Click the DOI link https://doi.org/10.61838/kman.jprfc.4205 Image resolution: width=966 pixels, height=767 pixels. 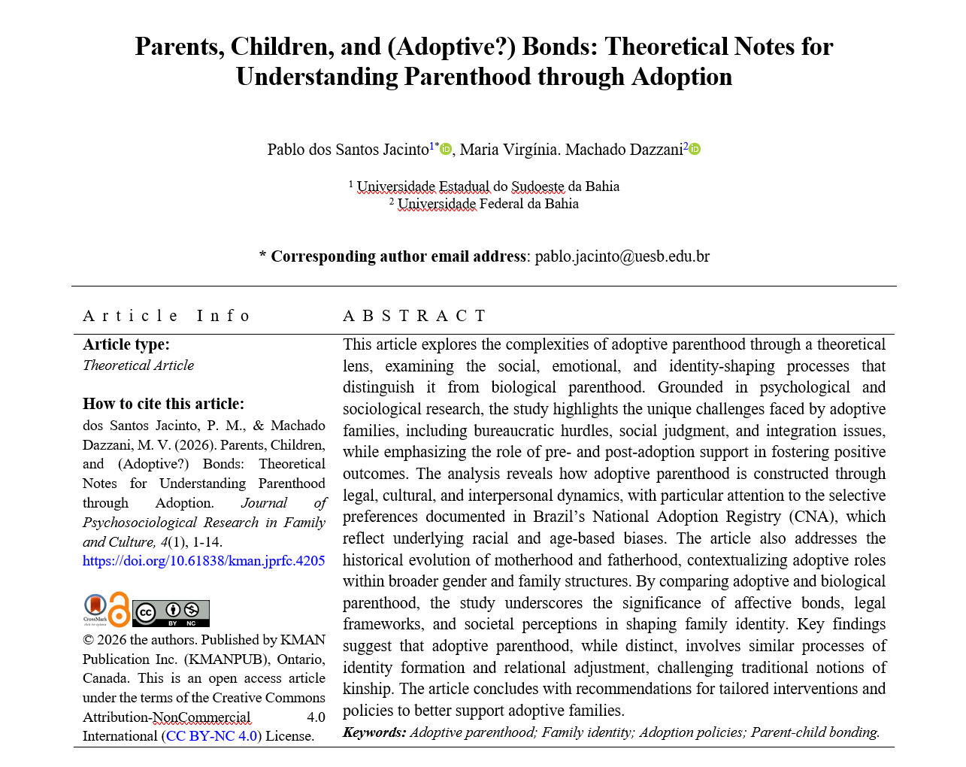click(x=204, y=561)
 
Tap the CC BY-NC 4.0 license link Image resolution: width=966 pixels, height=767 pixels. click(x=211, y=736)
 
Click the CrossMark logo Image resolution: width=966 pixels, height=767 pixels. click(x=95, y=608)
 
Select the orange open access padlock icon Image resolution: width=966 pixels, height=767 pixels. click(x=119, y=609)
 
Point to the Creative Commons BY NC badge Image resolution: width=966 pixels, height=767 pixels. click(x=171, y=614)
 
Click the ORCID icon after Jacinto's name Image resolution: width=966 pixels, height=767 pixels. click(x=446, y=149)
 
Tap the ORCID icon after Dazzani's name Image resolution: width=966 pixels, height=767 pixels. click(x=695, y=149)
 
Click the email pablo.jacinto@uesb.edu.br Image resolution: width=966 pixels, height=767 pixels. click(x=622, y=256)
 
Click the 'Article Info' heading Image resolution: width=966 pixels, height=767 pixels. click(x=166, y=316)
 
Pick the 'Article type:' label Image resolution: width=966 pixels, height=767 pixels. click(x=126, y=344)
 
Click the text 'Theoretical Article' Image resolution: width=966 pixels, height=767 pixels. click(x=138, y=365)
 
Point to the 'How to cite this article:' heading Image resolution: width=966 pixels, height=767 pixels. click(x=163, y=404)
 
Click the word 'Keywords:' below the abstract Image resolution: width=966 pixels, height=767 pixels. click(x=374, y=732)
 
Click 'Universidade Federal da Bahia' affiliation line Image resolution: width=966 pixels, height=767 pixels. click(x=488, y=204)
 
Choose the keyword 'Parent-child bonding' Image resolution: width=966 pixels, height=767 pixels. click(x=814, y=732)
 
